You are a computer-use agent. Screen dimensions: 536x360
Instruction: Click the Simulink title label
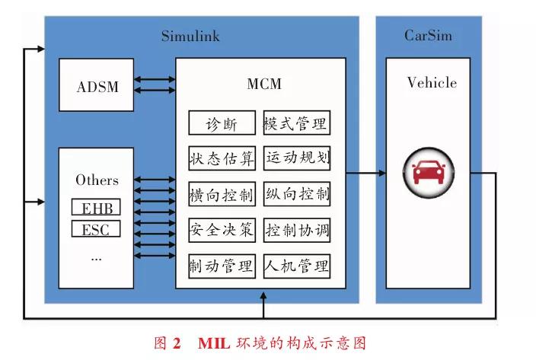[x=190, y=37]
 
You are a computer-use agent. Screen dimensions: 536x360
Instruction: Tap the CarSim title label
[x=428, y=36]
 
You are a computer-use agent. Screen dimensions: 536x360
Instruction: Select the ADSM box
[x=97, y=85]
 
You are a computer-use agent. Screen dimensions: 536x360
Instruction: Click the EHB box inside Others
[x=96, y=207]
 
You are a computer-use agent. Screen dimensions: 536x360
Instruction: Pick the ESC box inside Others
[x=96, y=229]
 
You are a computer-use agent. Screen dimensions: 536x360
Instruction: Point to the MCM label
[x=264, y=84]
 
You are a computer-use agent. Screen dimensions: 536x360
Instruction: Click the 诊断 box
[x=222, y=123]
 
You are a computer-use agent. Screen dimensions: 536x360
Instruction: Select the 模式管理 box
[x=297, y=123]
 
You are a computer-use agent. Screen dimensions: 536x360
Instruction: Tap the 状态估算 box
[x=222, y=158]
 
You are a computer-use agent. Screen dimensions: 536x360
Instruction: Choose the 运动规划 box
[x=297, y=158]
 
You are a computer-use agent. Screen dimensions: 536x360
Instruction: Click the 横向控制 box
[x=222, y=194]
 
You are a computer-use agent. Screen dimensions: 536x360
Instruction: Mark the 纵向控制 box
[x=297, y=194]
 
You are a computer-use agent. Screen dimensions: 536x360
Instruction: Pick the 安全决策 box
[x=222, y=230]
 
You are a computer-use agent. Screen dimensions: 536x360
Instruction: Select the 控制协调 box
[x=297, y=230]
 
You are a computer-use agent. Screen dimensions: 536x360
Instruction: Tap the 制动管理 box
[x=222, y=266]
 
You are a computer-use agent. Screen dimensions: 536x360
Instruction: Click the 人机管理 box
[x=297, y=266]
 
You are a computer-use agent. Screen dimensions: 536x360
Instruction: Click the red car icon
[x=429, y=173]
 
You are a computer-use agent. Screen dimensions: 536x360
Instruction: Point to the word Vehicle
[x=432, y=83]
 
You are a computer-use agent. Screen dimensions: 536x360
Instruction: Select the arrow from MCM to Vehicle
[x=365, y=174]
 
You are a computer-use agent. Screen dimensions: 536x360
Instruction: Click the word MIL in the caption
[x=214, y=343]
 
